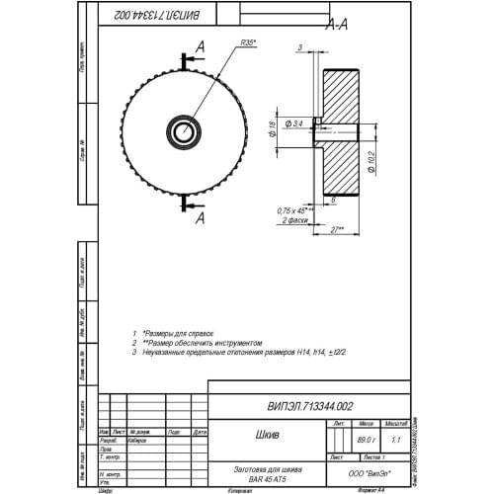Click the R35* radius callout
click(x=248, y=43)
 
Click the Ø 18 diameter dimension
click(x=272, y=127)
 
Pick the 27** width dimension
click(x=336, y=228)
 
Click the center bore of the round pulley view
click(x=183, y=130)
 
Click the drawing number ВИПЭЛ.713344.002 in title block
click(x=309, y=406)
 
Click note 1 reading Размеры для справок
click(x=178, y=332)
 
